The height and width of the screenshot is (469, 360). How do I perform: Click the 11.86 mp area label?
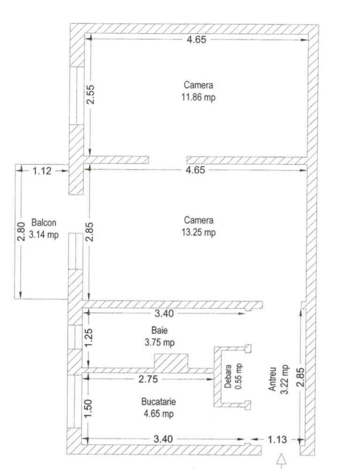(x=198, y=98)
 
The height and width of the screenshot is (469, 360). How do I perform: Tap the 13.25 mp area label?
(x=199, y=232)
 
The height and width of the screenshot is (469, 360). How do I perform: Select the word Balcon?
(x=44, y=223)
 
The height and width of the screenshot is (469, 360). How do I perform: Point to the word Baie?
(x=160, y=330)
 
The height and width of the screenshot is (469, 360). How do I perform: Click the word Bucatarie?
(x=159, y=401)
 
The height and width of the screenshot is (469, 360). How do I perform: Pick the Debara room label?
(x=228, y=376)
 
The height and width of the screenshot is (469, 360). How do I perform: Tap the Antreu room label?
(x=272, y=379)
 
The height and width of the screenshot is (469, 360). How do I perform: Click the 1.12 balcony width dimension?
(x=42, y=171)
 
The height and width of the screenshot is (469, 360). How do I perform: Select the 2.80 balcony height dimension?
(x=21, y=231)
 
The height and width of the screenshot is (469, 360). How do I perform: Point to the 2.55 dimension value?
(x=90, y=94)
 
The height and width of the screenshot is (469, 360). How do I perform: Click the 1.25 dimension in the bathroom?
(x=88, y=338)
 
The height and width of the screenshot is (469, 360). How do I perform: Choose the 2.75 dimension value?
(x=148, y=379)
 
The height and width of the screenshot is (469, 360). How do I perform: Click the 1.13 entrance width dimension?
(x=277, y=440)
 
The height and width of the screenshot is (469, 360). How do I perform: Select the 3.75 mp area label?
(x=160, y=342)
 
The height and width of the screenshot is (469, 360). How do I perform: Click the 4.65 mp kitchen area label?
(x=159, y=414)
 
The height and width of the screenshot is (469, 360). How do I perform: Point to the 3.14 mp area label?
(x=44, y=235)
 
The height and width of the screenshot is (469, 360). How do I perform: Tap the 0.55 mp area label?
(x=238, y=376)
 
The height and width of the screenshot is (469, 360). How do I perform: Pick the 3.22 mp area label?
(x=284, y=379)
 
